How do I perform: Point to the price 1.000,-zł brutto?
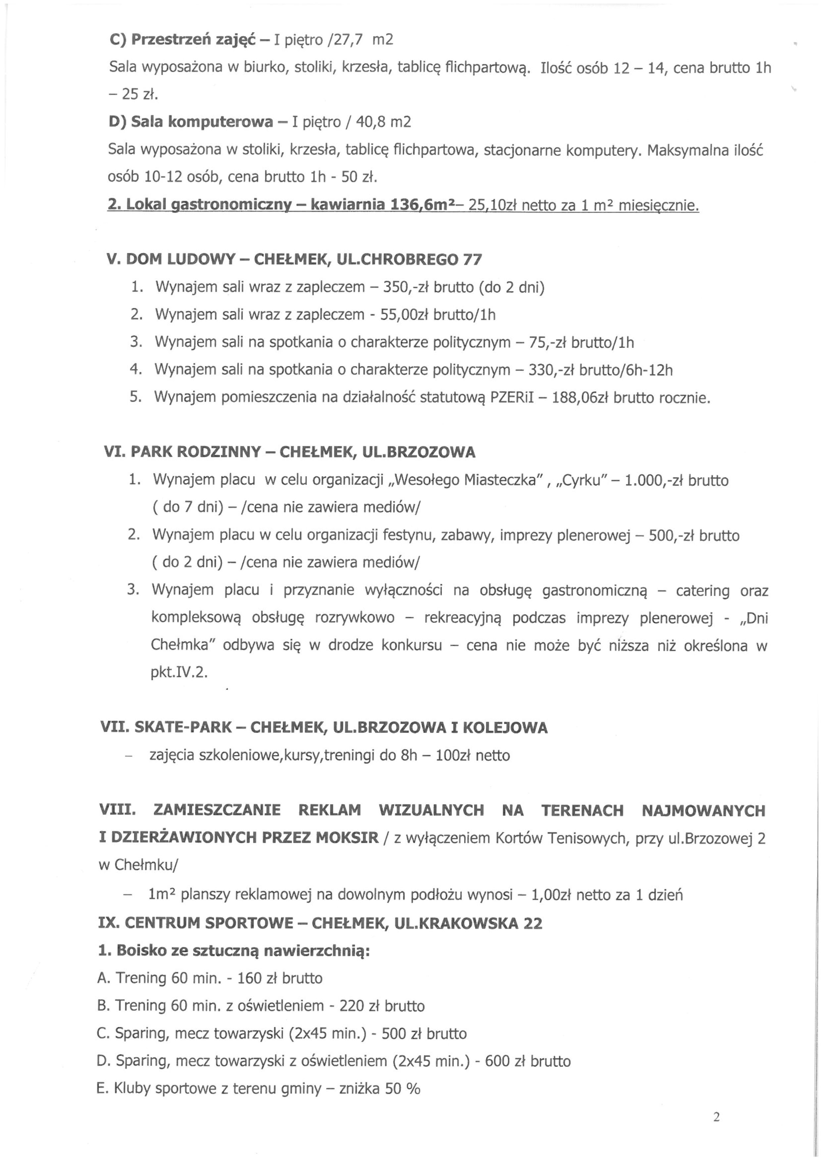[676, 480]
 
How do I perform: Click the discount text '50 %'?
[403, 1088]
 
